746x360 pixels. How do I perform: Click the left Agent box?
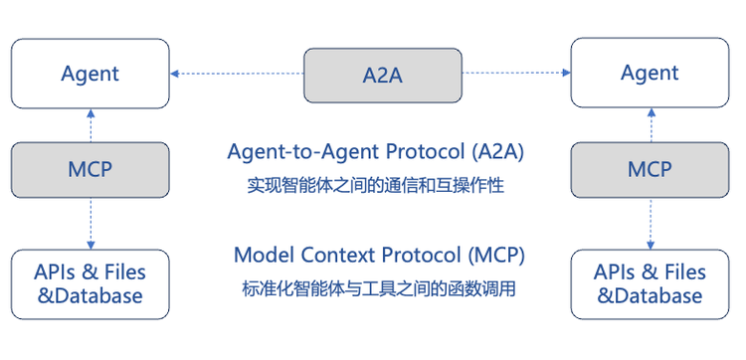[90, 74]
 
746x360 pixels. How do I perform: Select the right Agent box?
[650, 74]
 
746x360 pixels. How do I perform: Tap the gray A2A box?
[383, 75]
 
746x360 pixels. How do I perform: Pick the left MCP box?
[91, 169]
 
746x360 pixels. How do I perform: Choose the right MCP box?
[650, 169]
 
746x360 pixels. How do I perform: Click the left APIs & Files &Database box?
[90, 283]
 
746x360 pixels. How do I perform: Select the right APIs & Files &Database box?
[650, 283]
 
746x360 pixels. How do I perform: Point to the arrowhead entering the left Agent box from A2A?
[175, 73]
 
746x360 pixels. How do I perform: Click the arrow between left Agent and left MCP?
[91, 125]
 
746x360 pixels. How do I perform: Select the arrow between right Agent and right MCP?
[651, 125]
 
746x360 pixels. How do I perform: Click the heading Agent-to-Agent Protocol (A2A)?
[375, 153]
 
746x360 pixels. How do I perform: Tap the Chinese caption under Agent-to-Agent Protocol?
[369, 185]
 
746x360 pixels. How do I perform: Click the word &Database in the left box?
[90, 295]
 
